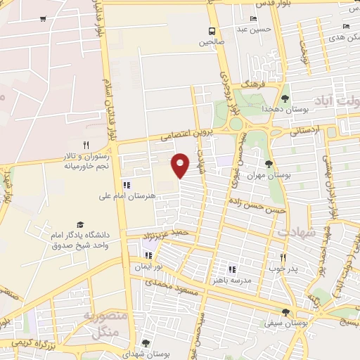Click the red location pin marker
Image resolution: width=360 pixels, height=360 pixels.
point(181,164)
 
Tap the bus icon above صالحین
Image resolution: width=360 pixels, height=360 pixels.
point(212,31)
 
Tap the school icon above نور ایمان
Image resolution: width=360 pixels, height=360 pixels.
point(148,255)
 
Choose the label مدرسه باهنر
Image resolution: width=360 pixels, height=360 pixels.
point(233,280)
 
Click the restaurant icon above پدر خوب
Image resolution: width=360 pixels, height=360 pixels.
point(283,257)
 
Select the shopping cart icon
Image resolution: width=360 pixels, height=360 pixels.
point(44,18)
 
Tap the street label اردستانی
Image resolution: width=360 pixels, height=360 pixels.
point(304,130)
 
